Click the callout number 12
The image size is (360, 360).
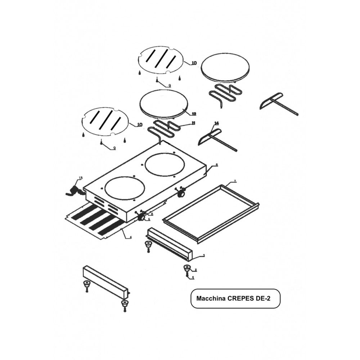(x=194, y=114)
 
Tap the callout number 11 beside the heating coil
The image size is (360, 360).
(x=193, y=123)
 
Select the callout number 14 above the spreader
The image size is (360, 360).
(x=216, y=123)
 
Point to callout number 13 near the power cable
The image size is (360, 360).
(x=81, y=178)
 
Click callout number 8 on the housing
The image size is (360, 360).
(x=217, y=165)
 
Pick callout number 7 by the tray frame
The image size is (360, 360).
(x=235, y=181)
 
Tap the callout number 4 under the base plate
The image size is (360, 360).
(x=131, y=237)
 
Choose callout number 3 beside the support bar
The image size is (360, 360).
(x=204, y=255)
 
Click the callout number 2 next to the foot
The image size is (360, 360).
(x=195, y=270)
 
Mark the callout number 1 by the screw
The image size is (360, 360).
(x=193, y=278)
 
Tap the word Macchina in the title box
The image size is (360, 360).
(x=211, y=299)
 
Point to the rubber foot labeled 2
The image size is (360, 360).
(x=186, y=268)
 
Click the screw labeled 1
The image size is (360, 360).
(x=188, y=275)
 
